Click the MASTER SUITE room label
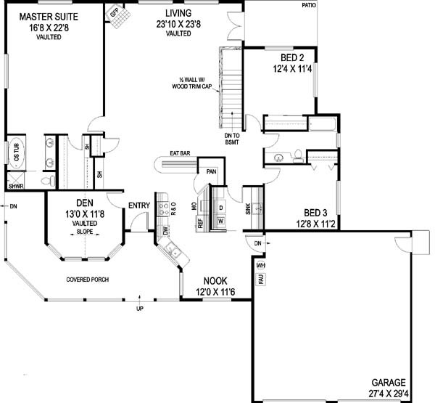click(x=49, y=17)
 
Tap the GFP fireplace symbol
click(x=118, y=16)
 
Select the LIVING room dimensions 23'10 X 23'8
click(x=178, y=24)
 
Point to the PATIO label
click(x=309, y=5)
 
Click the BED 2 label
click(x=292, y=57)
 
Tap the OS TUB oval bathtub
click(x=17, y=153)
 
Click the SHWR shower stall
click(x=16, y=181)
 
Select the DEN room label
click(x=85, y=203)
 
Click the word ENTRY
click(x=139, y=205)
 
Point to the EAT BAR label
click(x=180, y=153)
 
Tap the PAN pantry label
click(x=211, y=172)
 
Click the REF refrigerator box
click(x=200, y=223)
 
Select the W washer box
click(x=221, y=221)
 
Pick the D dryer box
click(x=221, y=208)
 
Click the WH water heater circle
click(x=260, y=266)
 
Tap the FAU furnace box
click(x=261, y=279)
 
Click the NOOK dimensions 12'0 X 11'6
click(x=215, y=292)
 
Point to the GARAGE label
click(x=389, y=383)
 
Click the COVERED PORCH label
click(x=88, y=280)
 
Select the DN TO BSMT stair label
click(x=232, y=139)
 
